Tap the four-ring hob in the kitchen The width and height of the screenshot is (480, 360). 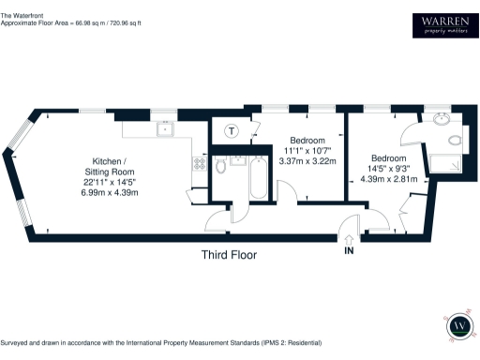tap(199, 163)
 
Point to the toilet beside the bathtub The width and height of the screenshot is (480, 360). tap(219, 166)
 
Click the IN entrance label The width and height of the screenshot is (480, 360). tap(349, 250)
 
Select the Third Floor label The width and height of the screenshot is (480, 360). tap(230, 254)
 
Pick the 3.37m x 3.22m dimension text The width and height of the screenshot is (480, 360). tap(309, 161)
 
